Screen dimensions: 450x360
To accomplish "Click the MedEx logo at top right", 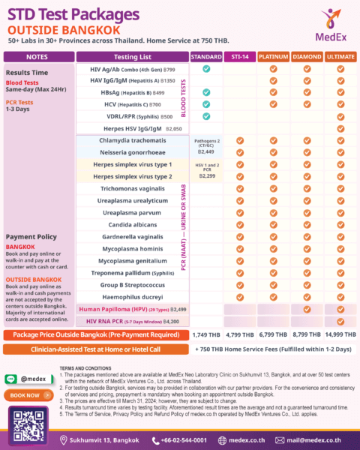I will click(328, 27).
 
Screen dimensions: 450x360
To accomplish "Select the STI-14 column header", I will click(239, 56).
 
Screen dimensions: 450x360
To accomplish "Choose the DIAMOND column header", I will click(307, 56).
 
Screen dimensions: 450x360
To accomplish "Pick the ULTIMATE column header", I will click(341, 56).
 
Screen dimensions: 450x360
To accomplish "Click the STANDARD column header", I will click(205, 56).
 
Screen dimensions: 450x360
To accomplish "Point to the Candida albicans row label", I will click(132, 225).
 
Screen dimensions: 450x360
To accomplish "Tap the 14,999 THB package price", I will click(341, 334).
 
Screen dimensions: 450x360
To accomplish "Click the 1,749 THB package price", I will click(205, 334).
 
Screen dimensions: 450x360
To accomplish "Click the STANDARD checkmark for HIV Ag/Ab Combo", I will click(205, 68).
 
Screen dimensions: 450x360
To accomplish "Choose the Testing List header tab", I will click(133, 56).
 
